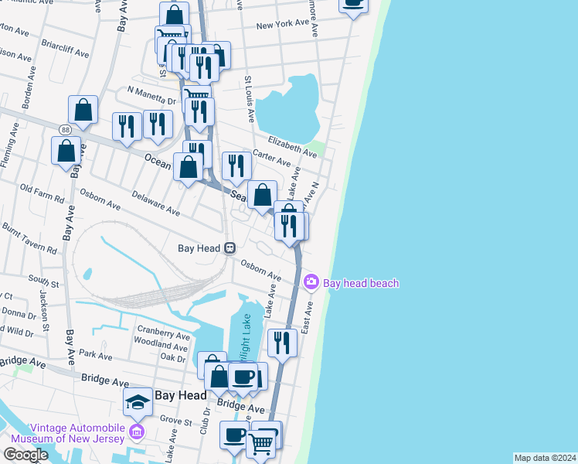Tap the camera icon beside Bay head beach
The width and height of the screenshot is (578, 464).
[x=311, y=281]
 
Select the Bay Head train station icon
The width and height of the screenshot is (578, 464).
[x=229, y=248]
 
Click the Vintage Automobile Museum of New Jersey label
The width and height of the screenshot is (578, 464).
[x=77, y=433]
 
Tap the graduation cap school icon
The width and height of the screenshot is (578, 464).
[x=138, y=401]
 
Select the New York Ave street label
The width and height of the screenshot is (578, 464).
[x=283, y=25]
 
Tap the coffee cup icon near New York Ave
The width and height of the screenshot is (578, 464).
[x=353, y=5]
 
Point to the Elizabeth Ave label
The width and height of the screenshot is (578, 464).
[x=292, y=147]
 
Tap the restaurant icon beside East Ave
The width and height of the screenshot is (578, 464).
[x=282, y=342]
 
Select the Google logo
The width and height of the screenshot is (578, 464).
[x=25, y=455]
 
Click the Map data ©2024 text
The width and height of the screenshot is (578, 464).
[x=545, y=458]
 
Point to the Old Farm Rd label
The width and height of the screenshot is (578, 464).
[x=42, y=193]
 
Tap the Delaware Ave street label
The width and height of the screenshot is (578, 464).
[x=155, y=203]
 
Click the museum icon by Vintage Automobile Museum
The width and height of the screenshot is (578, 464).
[x=138, y=430]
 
